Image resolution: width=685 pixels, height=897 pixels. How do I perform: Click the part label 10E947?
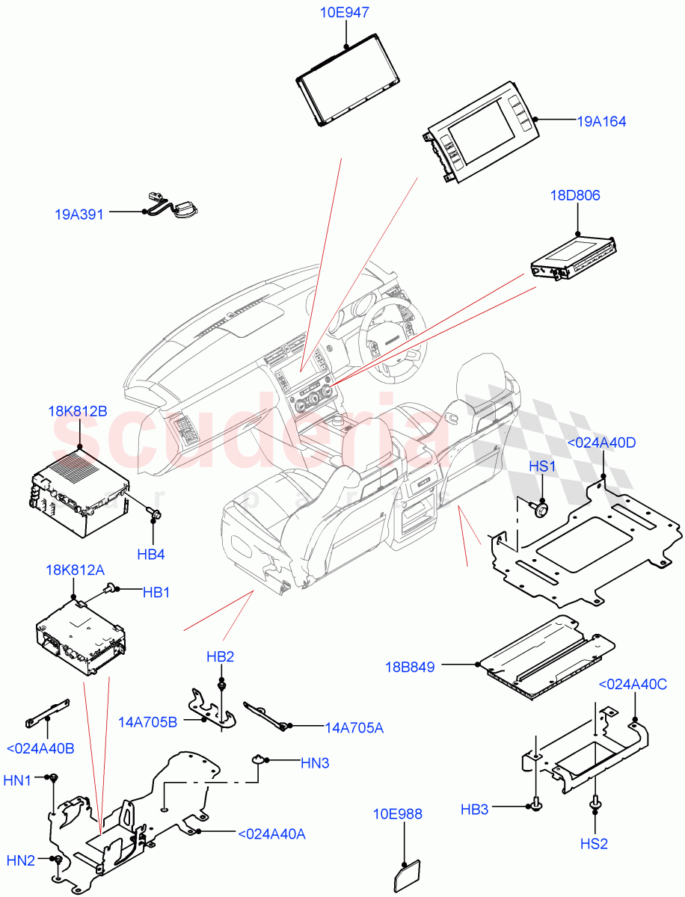[345, 13]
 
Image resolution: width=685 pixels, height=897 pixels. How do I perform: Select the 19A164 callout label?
[601, 121]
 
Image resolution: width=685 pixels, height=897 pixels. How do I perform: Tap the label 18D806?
[575, 196]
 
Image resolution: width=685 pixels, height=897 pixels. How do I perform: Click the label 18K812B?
[77, 411]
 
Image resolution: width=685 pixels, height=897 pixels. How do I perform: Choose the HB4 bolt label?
[152, 555]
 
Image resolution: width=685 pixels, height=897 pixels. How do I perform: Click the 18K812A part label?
[76, 570]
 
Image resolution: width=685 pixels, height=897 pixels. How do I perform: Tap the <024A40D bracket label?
[602, 443]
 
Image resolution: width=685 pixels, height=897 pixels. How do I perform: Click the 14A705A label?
[354, 727]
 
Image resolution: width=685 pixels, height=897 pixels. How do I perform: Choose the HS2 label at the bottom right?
[595, 843]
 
